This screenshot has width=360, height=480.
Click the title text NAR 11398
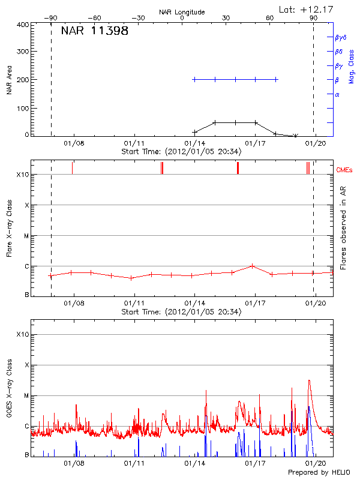pyautogui.click(x=95, y=31)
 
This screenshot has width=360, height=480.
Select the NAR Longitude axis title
pyautogui.click(x=182, y=12)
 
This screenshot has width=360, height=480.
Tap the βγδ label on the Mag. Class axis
pyautogui.click(x=340, y=37)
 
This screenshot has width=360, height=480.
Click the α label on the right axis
pyautogui.click(x=337, y=94)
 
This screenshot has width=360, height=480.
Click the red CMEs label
pyautogui.click(x=344, y=170)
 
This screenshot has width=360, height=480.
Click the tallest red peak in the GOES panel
pyautogui.click(x=309, y=380)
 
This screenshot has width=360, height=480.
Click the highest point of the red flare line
pyautogui.click(x=253, y=265)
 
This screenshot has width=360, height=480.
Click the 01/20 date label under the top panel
pyautogui.click(x=316, y=143)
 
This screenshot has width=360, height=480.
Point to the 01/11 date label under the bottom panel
pyautogui.click(x=134, y=463)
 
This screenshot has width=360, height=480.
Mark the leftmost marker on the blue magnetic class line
pyautogui.click(x=194, y=79)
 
